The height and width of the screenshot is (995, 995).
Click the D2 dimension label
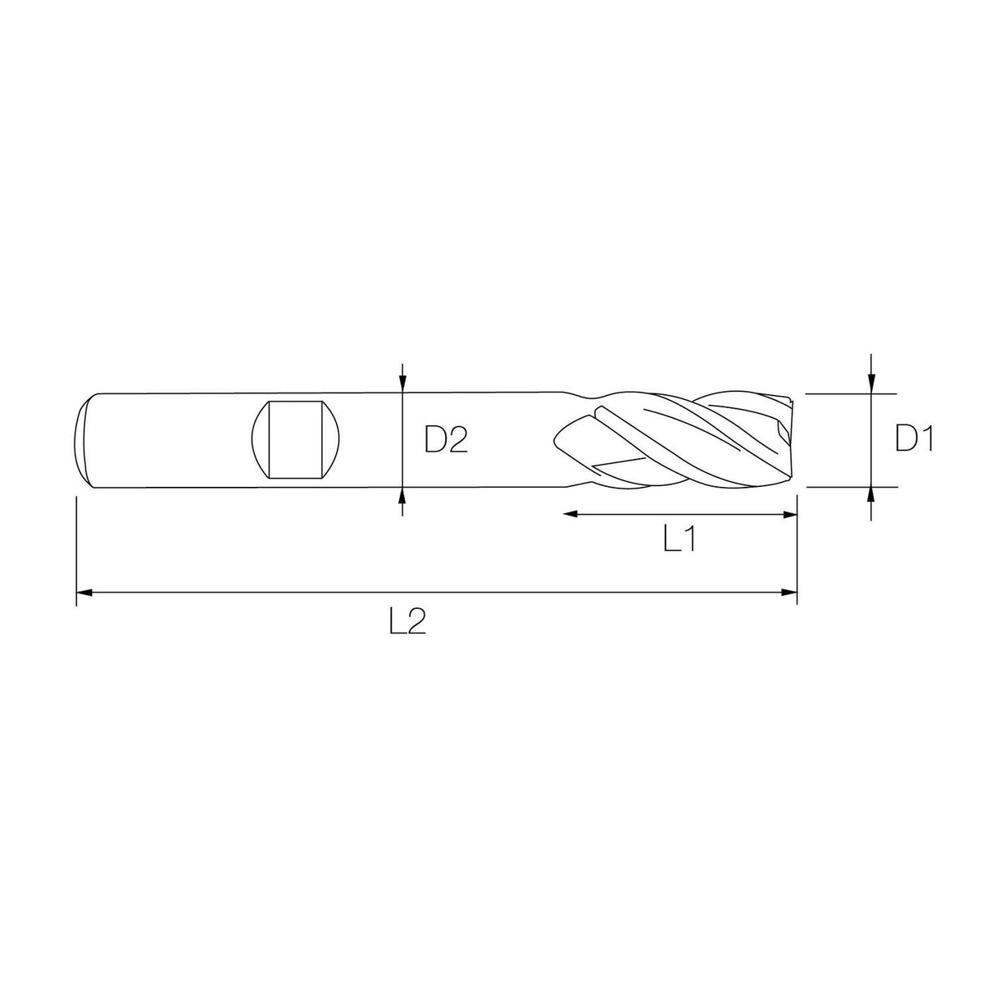445,441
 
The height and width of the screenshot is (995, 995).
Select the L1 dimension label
679,539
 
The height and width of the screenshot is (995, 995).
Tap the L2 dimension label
407,624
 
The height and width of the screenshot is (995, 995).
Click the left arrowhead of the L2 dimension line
83,592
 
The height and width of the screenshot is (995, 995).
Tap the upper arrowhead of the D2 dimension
402,384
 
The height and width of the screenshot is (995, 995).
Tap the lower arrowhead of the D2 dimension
402,494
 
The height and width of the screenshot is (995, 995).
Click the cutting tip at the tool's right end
790,439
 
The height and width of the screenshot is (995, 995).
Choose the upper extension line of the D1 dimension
836,393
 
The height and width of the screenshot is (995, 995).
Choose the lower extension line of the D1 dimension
836,487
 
